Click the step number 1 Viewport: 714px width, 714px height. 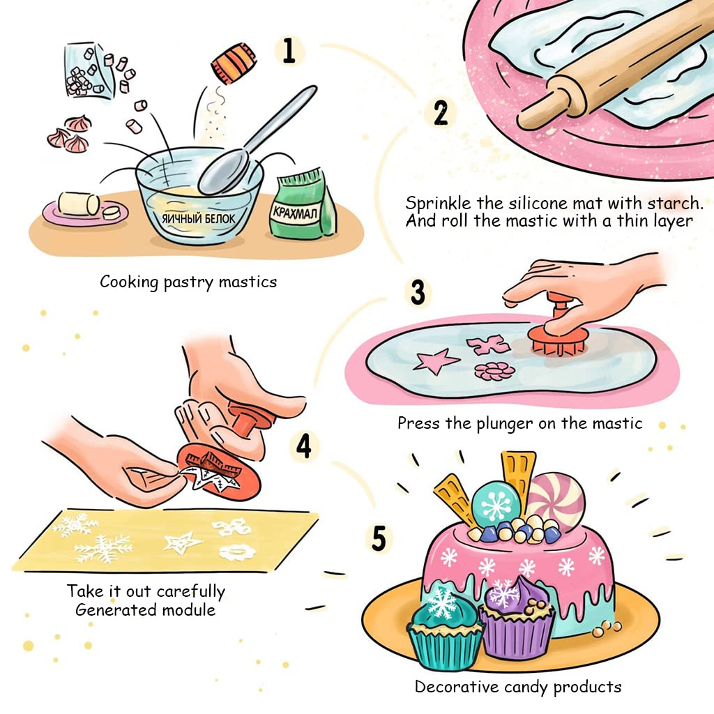[x=289, y=50]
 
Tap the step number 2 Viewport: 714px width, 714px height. [x=441, y=112]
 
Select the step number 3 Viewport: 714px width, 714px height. [x=418, y=292]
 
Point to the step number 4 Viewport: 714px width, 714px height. [x=304, y=446]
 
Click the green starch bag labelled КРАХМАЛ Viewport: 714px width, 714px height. [x=303, y=204]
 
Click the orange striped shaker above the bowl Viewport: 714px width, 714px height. [x=234, y=63]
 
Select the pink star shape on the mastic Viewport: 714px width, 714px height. [x=436, y=361]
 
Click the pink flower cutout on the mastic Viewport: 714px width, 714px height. [x=494, y=372]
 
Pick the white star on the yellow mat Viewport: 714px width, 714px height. [x=182, y=542]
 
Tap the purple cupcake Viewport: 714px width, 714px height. [x=517, y=616]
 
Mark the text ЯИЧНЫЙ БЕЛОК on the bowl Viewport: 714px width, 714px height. [x=199, y=218]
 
